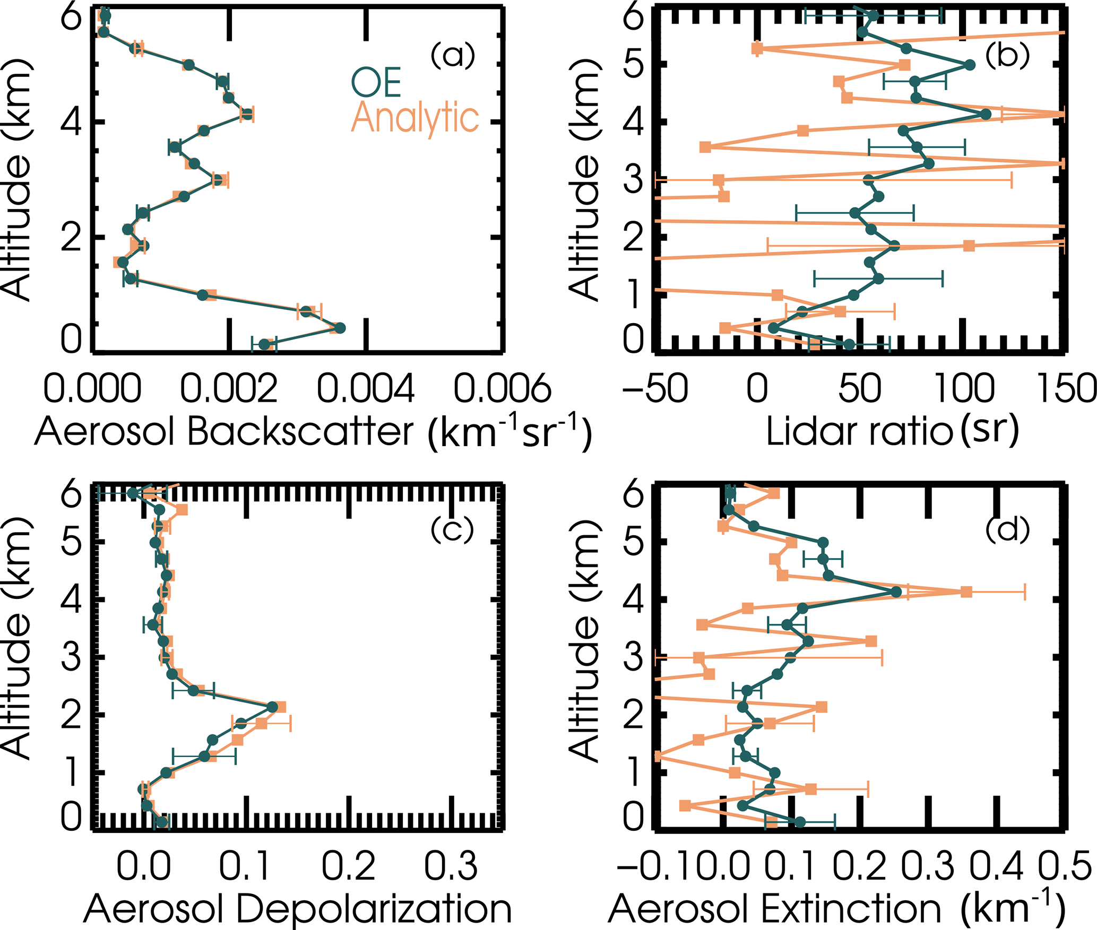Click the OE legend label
376,82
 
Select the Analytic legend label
415,118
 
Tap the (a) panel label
452,55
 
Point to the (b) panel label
1007,55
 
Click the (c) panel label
452,529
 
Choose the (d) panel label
1007,529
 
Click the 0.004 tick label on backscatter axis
365,388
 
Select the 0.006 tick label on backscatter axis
502,388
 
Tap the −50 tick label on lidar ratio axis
655,388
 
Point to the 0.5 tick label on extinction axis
1064,866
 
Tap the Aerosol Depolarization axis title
297,908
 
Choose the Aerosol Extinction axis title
836,908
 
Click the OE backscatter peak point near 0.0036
340,328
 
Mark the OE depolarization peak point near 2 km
272,707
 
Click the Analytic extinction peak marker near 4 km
966,592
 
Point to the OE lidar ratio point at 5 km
970,65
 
